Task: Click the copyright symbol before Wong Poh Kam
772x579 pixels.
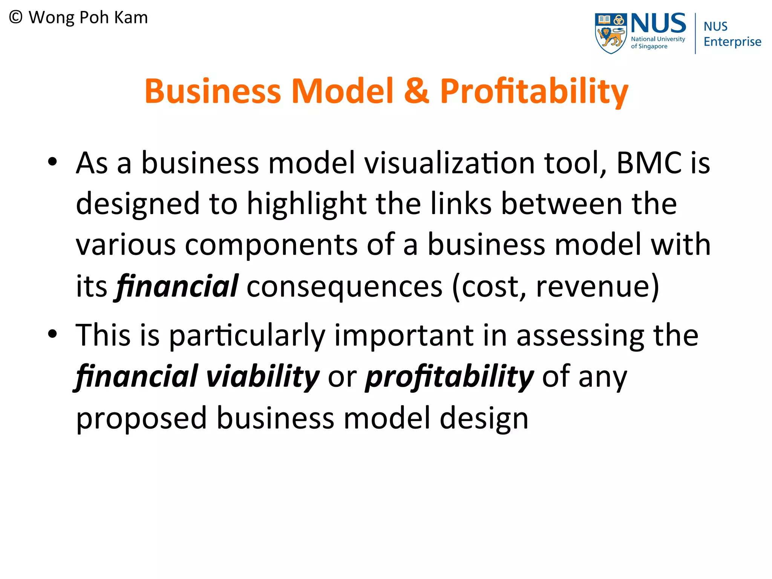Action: tap(16, 17)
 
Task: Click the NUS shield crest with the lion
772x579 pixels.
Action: tap(611, 33)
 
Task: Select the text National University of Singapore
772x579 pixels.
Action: tap(658, 43)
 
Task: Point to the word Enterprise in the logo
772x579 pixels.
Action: tap(732, 41)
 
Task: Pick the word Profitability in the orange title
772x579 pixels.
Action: tap(534, 91)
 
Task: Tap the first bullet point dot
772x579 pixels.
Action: tap(52, 162)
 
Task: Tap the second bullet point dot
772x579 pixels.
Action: tap(52, 334)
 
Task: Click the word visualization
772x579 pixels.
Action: tap(449, 163)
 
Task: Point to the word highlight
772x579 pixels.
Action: tap(306, 204)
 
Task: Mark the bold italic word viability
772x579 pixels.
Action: tap(263, 377)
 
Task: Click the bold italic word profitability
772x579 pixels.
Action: tap(449, 377)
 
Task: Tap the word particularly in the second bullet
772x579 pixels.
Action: tap(247, 335)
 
